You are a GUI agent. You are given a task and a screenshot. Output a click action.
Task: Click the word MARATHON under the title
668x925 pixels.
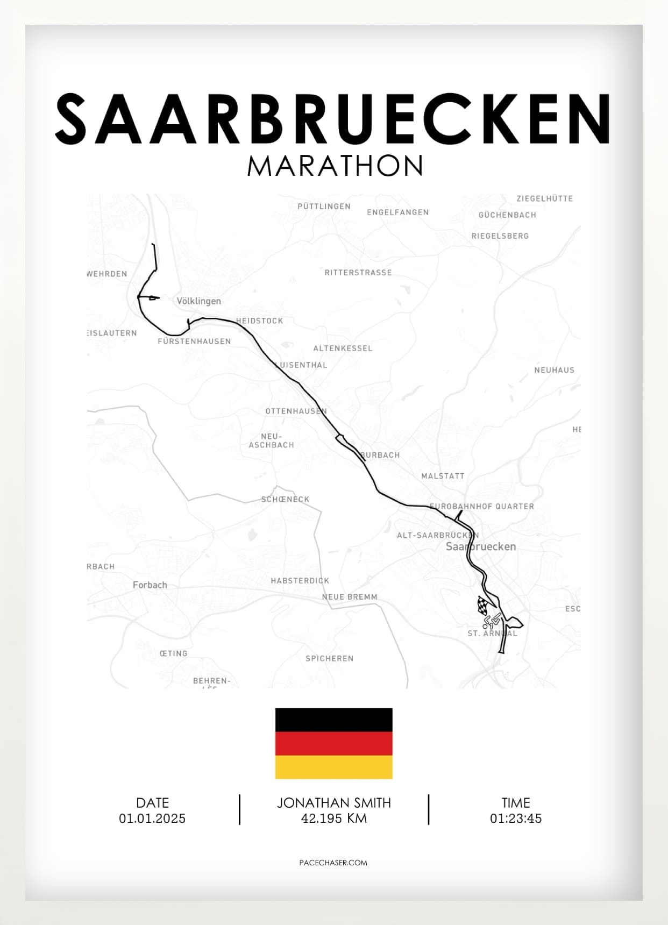(335, 166)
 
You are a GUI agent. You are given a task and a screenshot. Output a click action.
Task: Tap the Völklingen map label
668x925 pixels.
(198, 301)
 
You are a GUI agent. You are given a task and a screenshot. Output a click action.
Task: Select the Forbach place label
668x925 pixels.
(150, 585)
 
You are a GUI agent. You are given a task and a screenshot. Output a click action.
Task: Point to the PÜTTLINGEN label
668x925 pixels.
(324, 207)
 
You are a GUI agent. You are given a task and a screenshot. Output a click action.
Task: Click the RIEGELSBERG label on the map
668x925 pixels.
(500, 236)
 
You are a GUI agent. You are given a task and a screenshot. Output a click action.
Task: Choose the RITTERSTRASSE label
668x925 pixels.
(358, 273)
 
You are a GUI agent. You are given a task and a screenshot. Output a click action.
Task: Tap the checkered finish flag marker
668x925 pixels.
(484, 606)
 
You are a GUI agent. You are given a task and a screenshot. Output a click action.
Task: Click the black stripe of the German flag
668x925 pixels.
(333, 720)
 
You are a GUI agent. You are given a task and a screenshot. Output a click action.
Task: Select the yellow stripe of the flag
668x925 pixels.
(333, 767)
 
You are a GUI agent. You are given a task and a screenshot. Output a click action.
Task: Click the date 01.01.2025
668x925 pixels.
(152, 819)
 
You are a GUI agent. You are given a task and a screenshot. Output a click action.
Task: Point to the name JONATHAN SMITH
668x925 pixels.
(333, 803)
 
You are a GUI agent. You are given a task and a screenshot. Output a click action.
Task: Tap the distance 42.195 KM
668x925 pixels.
(333, 819)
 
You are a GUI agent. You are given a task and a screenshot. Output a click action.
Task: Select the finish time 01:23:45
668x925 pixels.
(515, 819)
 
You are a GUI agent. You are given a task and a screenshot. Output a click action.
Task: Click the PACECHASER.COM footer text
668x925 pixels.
(333, 863)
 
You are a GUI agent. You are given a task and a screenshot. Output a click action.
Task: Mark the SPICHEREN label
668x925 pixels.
(329, 658)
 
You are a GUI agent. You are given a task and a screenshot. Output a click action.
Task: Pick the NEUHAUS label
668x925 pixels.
(554, 370)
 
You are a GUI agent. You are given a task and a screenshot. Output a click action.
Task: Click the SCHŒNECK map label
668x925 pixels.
(285, 500)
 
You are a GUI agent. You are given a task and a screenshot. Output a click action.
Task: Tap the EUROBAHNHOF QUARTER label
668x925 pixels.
(482, 507)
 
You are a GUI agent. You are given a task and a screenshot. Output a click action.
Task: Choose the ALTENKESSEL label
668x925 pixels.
(343, 348)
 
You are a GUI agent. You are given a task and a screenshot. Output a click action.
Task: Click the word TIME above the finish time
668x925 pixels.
(515, 803)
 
